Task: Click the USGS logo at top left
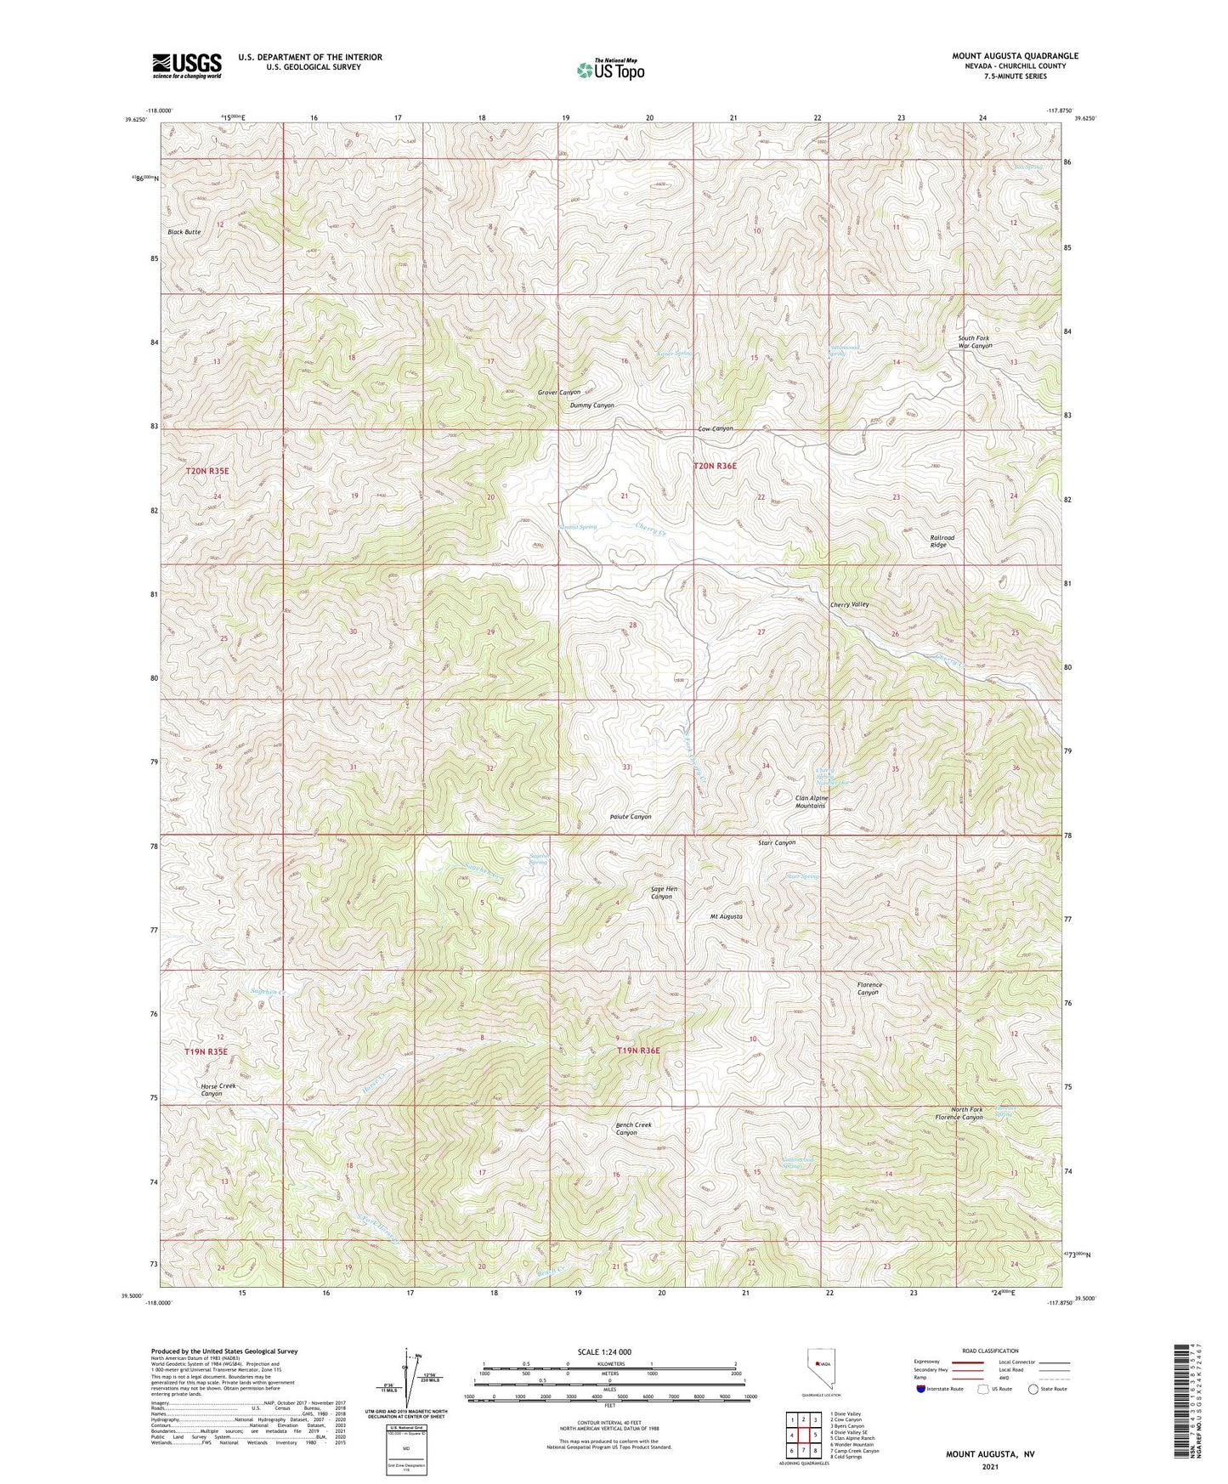[x=187, y=65]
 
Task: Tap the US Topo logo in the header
[x=609, y=70]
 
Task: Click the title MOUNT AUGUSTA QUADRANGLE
[x=1015, y=56]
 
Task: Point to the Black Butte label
[x=184, y=232]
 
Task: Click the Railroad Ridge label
[x=942, y=541]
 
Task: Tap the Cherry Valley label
[x=849, y=604]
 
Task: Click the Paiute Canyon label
[x=631, y=817]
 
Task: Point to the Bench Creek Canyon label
[x=633, y=1129]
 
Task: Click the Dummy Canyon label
[x=591, y=405]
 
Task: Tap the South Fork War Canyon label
[x=974, y=342]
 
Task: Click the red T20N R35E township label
[x=207, y=470]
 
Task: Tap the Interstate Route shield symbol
[x=922, y=1389]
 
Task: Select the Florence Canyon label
[x=869, y=988]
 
